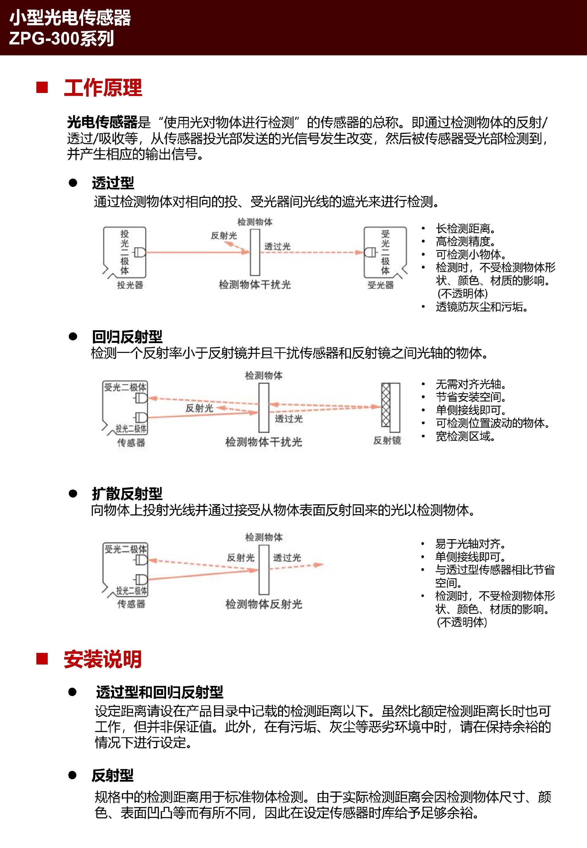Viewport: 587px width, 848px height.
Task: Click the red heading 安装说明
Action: tap(103, 659)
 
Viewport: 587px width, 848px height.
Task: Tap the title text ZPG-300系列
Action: tap(61, 38)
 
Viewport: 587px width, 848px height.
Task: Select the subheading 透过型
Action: tap(113, 183)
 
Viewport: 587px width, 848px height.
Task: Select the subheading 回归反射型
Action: tap(127, 337)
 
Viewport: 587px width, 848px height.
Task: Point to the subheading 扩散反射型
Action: tap(127, 494)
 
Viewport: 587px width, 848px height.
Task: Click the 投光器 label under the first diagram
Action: tap(130, 285)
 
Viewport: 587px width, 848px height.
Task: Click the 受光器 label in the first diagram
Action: tap(381, 285)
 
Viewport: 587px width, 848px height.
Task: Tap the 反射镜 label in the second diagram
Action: tap(387, 440)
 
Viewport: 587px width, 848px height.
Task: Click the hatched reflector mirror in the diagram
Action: tap(386, 405)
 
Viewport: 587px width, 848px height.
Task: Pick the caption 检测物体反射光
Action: tap(264, 604)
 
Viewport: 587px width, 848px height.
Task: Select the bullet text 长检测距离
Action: tap(466, 228)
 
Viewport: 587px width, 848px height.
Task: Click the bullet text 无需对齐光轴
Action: tap(471, 384)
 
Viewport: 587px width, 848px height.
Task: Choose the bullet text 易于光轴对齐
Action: tap(471, 543)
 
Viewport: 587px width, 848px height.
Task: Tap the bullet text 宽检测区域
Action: tap(466, 436)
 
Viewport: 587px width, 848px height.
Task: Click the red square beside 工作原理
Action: tap(42, 87)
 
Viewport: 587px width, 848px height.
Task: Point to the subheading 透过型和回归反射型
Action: tap(160, 692)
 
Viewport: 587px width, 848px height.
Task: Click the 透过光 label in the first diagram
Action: tap(277, 246)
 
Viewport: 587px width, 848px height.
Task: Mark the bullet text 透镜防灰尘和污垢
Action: tap(482, 306)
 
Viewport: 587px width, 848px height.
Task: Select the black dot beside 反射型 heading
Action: tap(72, 775)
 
